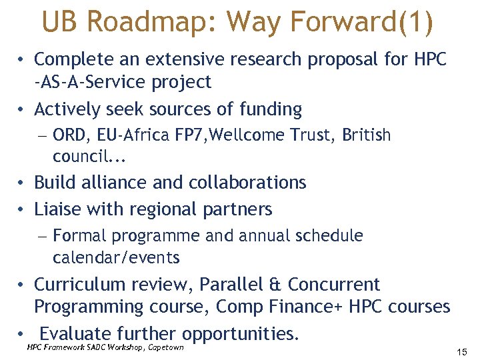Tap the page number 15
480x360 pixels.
point(462,351)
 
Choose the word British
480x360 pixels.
point(367,135)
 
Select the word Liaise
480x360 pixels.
point(57,209)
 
